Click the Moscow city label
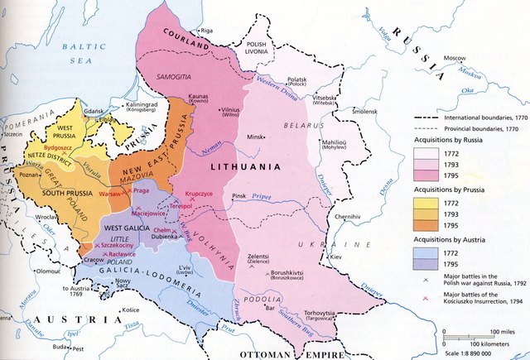(x=455, y=58)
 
